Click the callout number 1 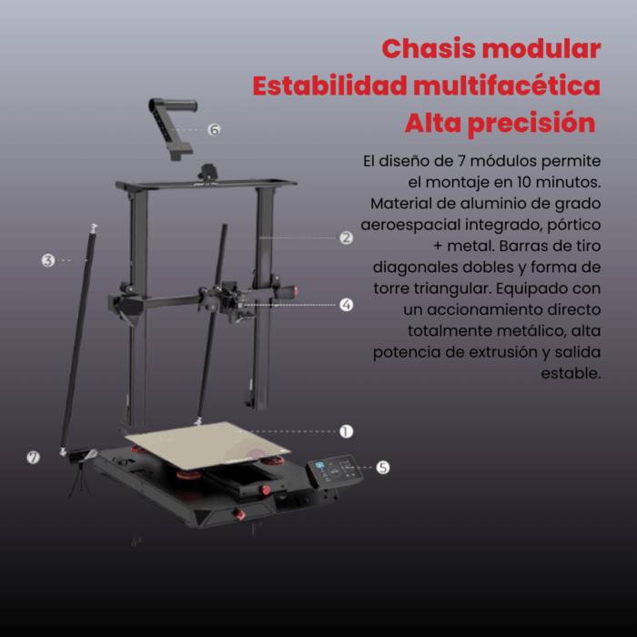[x=346, y=431]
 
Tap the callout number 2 [x=346, y=238]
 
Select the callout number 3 [x=47, y=260]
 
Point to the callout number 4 [x=346, y=305]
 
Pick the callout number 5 [x=383, y=467]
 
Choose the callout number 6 [x=214, y=129]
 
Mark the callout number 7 [x=34, y=457]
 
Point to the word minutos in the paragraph [x=557, y=182]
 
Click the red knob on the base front [x=240, y=515]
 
